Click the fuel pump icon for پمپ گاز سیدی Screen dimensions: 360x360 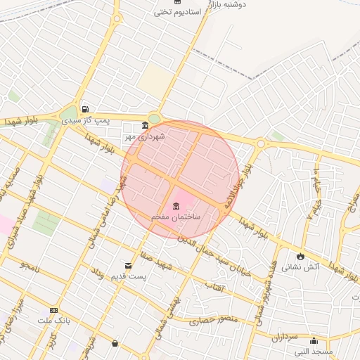85,110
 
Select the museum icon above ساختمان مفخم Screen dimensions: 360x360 175,206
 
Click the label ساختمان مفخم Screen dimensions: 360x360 176,217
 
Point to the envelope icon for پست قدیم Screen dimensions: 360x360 128,265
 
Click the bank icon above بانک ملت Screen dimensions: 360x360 53,311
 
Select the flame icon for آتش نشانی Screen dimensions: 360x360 301,256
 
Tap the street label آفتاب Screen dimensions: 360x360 214,287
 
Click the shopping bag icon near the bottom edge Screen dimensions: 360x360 115,343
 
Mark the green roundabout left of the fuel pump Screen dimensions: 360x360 68,114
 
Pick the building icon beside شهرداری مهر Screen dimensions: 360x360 145,126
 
